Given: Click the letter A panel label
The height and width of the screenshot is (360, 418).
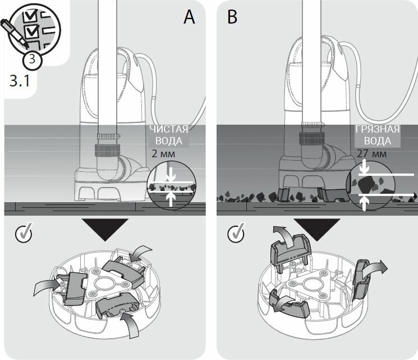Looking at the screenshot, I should pos(189,17).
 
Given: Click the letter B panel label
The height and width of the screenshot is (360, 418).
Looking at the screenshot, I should pos(232,17).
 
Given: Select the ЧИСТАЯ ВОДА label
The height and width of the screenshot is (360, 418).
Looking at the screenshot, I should pos(169,134).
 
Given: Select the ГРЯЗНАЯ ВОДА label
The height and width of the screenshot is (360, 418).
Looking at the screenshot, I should pos(378,134).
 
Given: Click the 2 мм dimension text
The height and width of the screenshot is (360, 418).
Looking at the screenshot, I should pos(163,153).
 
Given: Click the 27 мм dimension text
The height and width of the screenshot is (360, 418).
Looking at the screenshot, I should pos(371,153).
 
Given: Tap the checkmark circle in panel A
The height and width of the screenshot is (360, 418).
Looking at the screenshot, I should pos(22,232).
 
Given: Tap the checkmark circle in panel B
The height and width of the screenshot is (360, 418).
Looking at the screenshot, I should pos(236,232).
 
